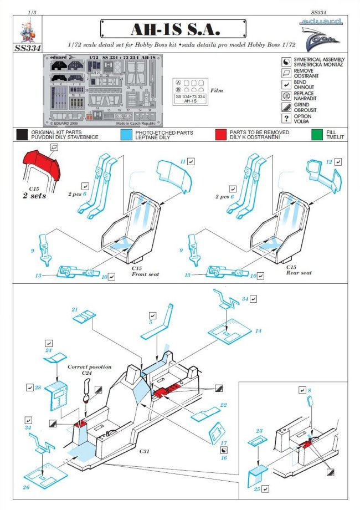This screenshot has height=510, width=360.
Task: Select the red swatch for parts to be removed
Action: click(x=222, y=134)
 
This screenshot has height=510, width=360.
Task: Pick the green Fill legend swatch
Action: click(x=317, y=134)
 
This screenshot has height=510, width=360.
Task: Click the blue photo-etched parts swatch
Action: click(x=126, y=134)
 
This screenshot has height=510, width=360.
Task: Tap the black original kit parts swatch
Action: click(x=22, y=134)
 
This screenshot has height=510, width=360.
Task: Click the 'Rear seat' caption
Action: click(x=299, y=273)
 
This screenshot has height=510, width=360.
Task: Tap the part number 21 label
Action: click(x=75, y=309)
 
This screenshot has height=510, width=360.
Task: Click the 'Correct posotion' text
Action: click(x=89, y=367)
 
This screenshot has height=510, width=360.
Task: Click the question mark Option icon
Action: click(x=286, y=118)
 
